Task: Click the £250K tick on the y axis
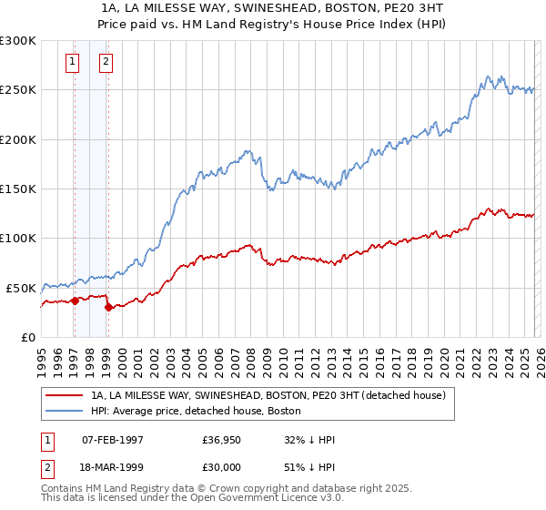pos(18,90)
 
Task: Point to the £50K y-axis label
pos(21,288)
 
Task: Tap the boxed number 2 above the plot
pos(106,62)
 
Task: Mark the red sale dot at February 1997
pos(74,301)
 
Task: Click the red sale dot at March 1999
pos(108,307)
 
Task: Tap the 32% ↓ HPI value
pos(309,440)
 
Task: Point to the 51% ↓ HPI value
pos(309,465)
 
